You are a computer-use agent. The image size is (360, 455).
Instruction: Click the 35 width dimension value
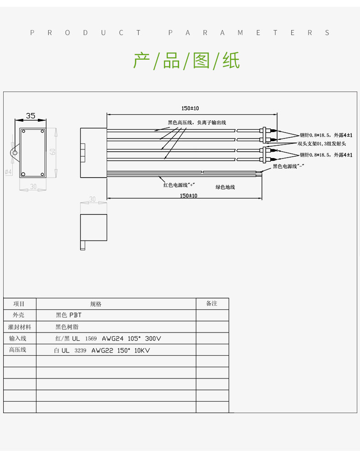(x=30, y=116)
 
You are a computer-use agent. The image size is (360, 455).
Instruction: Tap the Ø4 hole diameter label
(x=8, y=172)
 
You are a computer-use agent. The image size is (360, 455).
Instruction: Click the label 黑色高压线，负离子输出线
(x=197, y=123)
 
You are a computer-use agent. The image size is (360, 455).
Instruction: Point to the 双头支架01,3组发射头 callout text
(x=322, y=144)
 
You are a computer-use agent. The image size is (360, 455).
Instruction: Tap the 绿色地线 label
(x=225, y=187)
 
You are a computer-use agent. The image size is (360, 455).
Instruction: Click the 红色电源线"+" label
(x=179, y=185)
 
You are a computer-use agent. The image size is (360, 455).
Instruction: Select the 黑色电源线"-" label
(x=288, y=167)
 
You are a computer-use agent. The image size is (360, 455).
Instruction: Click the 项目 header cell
(x=19, y=304)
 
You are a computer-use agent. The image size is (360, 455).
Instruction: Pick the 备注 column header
(x=212, y=304)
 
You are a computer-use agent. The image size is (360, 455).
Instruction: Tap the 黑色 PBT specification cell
(x=68, y=315)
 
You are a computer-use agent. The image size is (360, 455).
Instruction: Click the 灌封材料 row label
(x=20, y=327)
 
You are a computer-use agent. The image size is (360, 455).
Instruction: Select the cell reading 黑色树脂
(x=67, y=327)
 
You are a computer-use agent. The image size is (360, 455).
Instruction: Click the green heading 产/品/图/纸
(x=186, y=61)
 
